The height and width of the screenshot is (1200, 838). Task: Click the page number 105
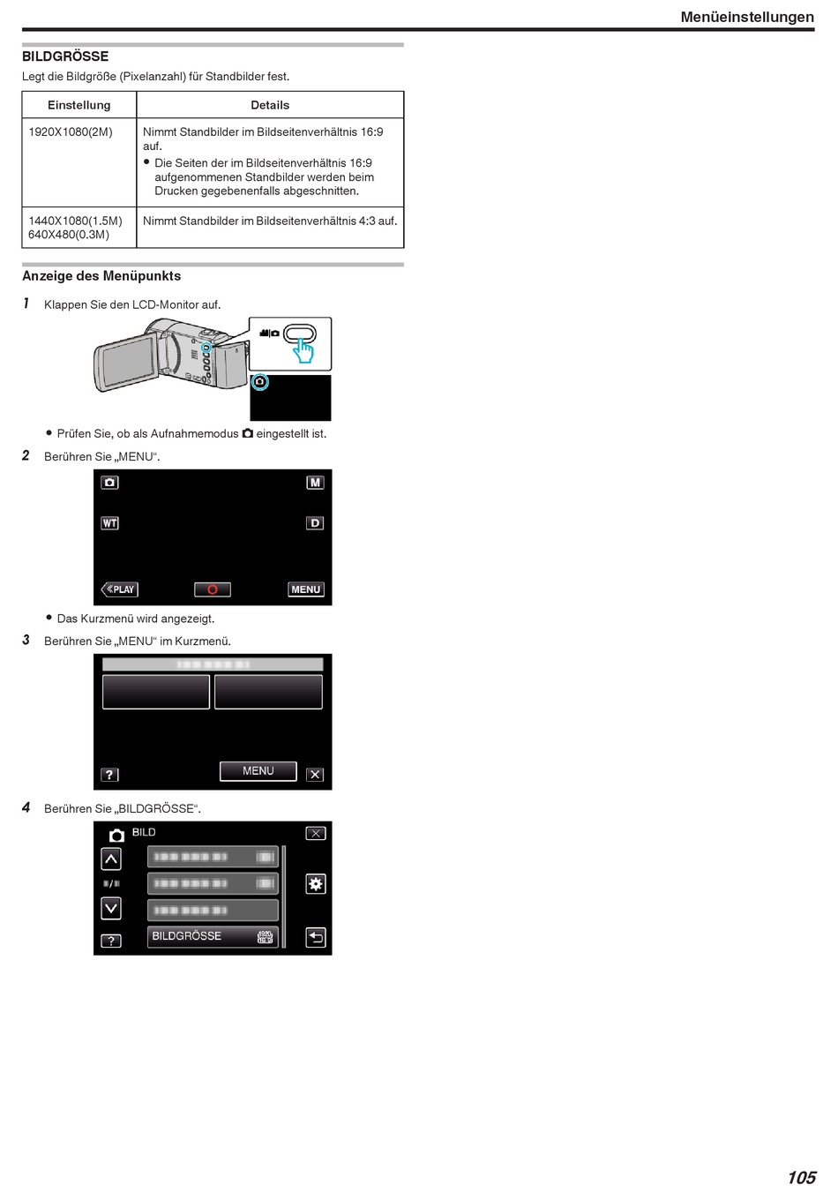click(801, 1178)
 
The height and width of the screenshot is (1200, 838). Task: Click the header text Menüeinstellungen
click(746, 17)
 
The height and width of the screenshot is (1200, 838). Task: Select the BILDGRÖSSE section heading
click(65, 56)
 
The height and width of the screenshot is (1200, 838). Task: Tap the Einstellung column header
click(79, 105)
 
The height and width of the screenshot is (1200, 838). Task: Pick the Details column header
click(270, 105)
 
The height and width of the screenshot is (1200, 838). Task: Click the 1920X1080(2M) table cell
click(71, 132)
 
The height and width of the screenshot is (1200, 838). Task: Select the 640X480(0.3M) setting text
click(69, 235)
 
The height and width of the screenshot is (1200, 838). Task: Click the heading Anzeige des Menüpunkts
click(101, 276)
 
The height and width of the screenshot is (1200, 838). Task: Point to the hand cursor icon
click(303, 351)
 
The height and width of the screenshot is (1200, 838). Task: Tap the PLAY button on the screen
click(120, 589)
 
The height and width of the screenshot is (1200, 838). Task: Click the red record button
click(213, 589)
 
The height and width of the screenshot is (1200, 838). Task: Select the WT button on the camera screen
click(109, 523)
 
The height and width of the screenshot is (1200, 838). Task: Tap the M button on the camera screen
click(315, 483)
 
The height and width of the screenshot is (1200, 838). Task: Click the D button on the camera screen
click(315, 523)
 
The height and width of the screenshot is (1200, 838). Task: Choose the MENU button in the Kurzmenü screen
click(258, 771)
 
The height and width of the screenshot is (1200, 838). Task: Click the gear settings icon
click(315, 884)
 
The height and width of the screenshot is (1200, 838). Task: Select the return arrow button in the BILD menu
click(315, 937)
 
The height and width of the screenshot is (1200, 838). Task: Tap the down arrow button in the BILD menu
click(111, 908)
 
